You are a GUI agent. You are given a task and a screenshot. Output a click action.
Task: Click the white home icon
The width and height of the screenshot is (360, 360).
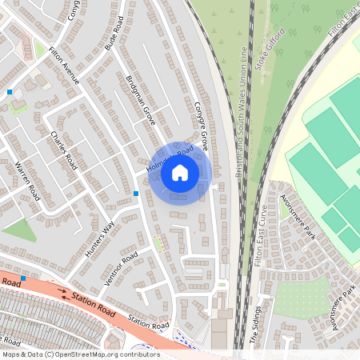click(180, 173)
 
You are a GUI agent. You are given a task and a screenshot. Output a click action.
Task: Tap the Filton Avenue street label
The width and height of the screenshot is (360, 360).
click(65, 66)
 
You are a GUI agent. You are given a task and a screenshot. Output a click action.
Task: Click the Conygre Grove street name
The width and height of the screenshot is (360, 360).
click(201, 126)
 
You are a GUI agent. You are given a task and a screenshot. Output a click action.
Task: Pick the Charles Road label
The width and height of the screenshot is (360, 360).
click(62, 150)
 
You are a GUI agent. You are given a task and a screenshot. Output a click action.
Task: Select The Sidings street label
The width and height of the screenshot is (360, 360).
click(257, 324)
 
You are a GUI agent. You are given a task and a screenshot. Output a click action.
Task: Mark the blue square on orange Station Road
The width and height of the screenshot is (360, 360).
click(24, 278)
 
